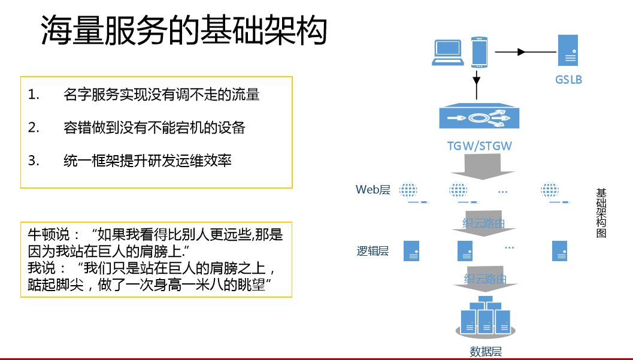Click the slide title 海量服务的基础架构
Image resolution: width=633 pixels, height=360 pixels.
184,31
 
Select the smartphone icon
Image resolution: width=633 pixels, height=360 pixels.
478,52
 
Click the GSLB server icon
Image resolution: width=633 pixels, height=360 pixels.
567,50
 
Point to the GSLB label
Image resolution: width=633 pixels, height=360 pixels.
568,79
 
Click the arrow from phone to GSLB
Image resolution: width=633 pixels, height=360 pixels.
521,52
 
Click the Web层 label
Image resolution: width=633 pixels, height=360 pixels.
372,190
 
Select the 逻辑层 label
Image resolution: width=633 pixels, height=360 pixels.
372,251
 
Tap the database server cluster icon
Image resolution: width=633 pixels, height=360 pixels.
485,316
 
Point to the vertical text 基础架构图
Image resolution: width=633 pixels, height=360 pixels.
601,213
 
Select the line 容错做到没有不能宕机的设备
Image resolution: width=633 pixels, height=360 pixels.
154,127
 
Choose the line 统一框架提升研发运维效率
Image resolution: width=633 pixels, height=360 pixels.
147,161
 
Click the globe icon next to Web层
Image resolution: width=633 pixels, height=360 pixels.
408,190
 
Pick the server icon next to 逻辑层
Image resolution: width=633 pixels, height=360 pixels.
411,250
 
